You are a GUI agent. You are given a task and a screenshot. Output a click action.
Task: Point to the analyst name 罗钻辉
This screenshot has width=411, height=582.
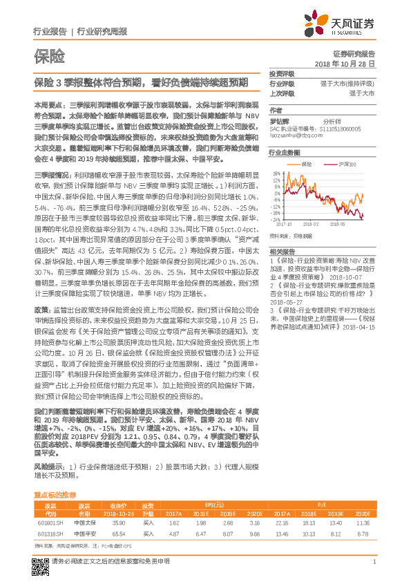(279, 120)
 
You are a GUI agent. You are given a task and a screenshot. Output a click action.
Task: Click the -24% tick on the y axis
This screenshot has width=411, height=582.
(276, 220)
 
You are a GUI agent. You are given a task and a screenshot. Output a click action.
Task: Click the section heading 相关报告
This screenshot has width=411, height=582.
(281, 250)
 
